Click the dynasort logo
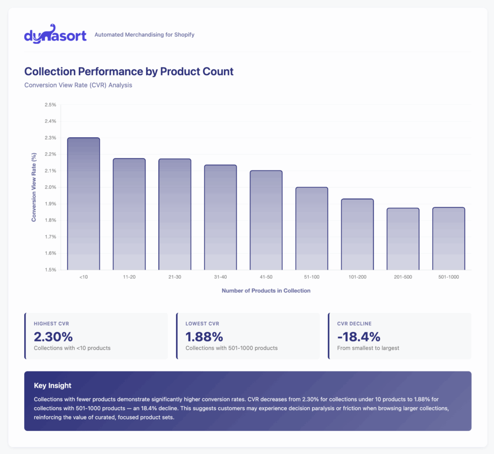click(x=55, y=34)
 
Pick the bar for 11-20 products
click(x=129, y=214)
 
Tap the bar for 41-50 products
click(x=266, y=220)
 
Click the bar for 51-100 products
click(x=312, y=228)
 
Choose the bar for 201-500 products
click(x=403, y=239)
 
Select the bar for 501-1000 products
click(x=449, y=239)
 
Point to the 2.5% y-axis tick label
click(x=50, y=105)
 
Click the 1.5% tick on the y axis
click(x=50, y=270)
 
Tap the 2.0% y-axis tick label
click(x=50, y=187)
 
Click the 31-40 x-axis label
click(x=220, y=277)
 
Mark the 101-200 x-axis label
click(x=357, y=277)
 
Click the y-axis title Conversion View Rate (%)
click(x=34, y=187)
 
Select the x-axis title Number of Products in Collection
click(x=266, y=291)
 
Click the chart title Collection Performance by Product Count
click(x=129, y=72)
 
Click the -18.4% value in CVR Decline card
click(x=359, y=337)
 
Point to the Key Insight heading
click(x=53, y=385)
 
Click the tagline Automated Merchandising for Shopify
click(x=144, y=35)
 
